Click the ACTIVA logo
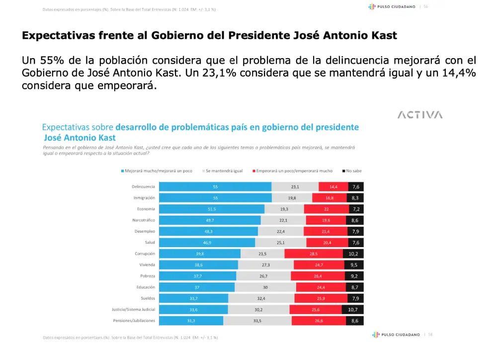420,115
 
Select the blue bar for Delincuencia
215,187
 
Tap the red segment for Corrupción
314,254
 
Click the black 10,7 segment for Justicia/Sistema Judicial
353,309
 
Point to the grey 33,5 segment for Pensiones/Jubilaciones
257,321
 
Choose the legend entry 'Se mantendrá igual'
224,171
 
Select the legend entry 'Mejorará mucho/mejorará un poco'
157,171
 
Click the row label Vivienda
147,265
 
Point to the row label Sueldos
148,298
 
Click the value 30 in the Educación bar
265,287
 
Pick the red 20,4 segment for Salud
327,243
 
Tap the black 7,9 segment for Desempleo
355,231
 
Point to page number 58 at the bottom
430,335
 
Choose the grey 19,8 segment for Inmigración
292,198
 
